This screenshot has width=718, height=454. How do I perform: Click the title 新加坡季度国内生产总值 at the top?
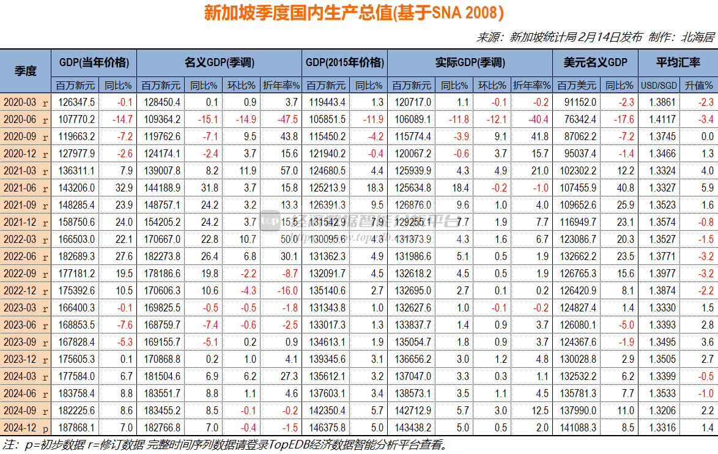(x=354, y=13)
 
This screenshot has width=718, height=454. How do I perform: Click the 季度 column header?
(x=26, y=70)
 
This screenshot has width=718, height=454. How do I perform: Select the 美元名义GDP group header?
(x=594, y=62)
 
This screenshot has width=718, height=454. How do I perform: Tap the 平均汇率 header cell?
(x=678, y=62)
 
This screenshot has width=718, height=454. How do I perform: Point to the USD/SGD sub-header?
(x=659, y=85)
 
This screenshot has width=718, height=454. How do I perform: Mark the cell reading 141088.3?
(x=578, y=428)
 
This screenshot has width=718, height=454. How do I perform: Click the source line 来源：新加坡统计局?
(x=596, y=37)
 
